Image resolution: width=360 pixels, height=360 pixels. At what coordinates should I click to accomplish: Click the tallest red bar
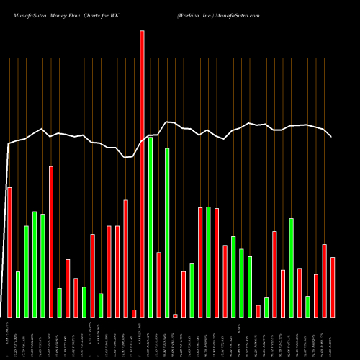142,174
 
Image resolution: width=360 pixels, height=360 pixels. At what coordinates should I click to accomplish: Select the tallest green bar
150,227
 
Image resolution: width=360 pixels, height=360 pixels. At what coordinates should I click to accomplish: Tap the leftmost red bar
9,252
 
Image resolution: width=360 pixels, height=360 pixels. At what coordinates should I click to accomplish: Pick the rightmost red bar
333,287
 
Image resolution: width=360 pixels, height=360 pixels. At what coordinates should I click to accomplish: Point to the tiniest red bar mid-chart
175,315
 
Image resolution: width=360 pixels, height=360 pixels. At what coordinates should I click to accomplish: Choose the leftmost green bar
18,294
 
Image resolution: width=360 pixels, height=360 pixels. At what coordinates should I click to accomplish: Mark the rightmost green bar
307,306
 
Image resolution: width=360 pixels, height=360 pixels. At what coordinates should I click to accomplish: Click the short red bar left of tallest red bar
134,313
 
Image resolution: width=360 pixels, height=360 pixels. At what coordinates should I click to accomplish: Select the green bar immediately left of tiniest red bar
167,233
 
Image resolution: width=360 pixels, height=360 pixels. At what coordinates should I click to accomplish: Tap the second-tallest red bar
51,241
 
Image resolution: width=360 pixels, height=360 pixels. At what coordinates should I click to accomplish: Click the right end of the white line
331,136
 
